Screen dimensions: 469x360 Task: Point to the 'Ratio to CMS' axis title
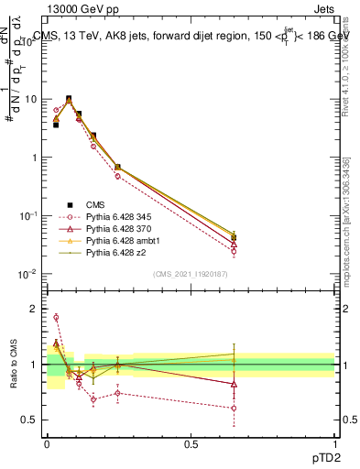point(13,365)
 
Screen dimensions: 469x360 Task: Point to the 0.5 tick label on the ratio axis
point(32,420)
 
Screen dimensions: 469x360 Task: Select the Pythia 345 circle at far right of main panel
point(234,252)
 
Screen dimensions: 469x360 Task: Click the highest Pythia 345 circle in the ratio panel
point(56,318)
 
